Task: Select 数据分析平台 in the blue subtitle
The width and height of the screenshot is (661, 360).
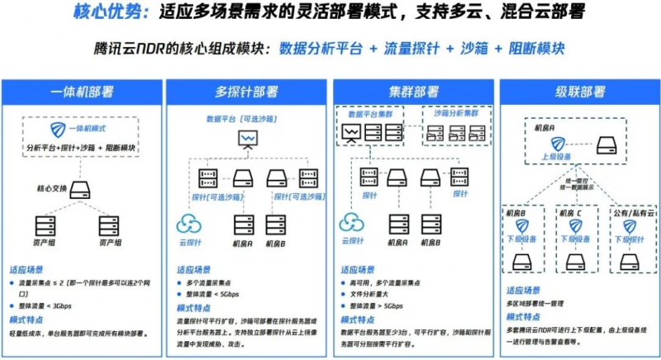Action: click(x=321, y=49)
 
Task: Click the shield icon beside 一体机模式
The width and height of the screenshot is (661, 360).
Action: click(x=56, y=130)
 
